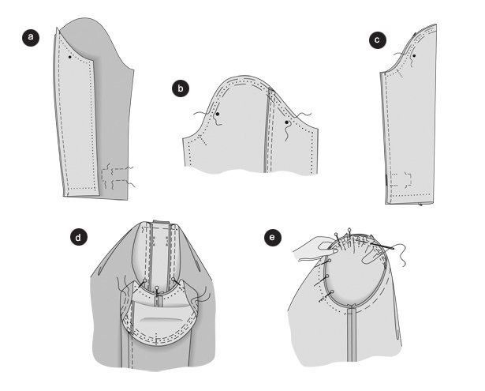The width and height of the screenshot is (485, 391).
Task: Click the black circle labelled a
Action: click(x=31, y=38)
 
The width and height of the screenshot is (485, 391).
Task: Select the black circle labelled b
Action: click(x=181, y=88)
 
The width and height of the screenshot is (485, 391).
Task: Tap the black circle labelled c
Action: click(x=378, y=40)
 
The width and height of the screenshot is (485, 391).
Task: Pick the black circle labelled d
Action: click(x=78, y=237)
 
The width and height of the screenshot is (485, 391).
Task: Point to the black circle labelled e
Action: click(x=273, y=238)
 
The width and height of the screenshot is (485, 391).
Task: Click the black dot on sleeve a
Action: click(x=70, y=57)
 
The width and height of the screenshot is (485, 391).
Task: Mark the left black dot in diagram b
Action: click(x=218, y=114)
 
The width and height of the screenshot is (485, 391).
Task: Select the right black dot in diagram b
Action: click(x=286, y=122)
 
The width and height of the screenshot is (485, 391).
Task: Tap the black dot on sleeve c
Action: click(x=414, y=56)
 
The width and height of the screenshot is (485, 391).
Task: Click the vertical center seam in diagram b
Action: click(x=268, y=130)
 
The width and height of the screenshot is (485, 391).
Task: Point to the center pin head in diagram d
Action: click(x=157, y=288)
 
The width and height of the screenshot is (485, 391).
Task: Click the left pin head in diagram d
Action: click(x=145, y=280)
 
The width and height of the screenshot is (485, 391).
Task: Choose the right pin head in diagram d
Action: click(x=173, y=279)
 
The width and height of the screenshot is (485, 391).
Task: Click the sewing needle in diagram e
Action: click(x=382, y=246)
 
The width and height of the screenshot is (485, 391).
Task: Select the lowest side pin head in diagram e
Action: click(x=332, y=291)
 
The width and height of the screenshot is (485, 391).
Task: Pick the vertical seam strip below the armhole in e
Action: click(x=352, y=334)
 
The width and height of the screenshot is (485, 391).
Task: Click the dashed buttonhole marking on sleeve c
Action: click(x=401, y=179)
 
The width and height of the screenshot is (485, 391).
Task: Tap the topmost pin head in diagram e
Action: click(x=349, y=230)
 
